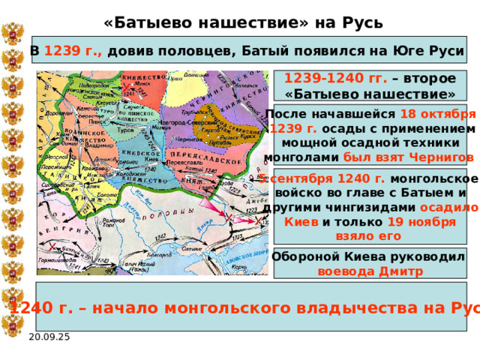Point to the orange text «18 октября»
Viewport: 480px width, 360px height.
438,114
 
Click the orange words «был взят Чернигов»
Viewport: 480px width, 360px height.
408,157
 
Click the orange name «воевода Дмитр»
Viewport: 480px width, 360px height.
370,271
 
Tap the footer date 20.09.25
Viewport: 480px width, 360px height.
49,337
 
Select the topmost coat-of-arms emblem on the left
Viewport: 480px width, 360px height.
13,34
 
